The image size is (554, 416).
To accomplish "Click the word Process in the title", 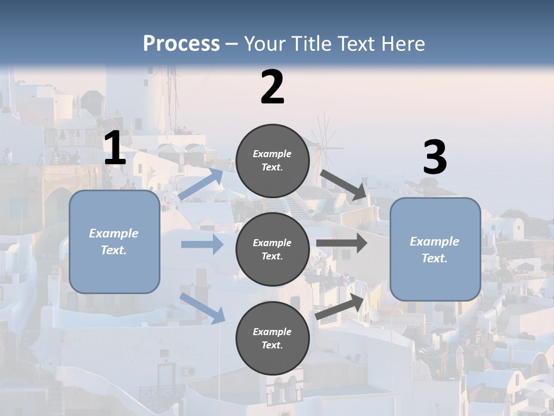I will click(181, 44).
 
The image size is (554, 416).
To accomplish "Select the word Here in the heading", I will click(403, 44).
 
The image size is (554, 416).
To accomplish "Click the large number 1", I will click(115, 148).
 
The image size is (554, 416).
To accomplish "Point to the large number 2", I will click(272, 87).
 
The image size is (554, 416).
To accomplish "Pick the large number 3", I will click(435, 158).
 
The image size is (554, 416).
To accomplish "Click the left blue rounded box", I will click(114, 242).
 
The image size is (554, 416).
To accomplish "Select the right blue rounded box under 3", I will click(435, 250).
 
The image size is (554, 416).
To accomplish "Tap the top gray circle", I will click(272, 161).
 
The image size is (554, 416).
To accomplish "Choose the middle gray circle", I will click(272, 249).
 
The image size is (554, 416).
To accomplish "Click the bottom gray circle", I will click(272, 338).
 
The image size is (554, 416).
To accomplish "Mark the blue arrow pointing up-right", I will click(201, 184).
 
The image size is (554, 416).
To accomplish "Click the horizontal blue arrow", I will click(202, 244).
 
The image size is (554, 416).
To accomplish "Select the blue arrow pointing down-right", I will click(203, 307).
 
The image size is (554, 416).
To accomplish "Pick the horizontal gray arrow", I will click(342, 243).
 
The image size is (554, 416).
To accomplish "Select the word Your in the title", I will click(264, 44).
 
